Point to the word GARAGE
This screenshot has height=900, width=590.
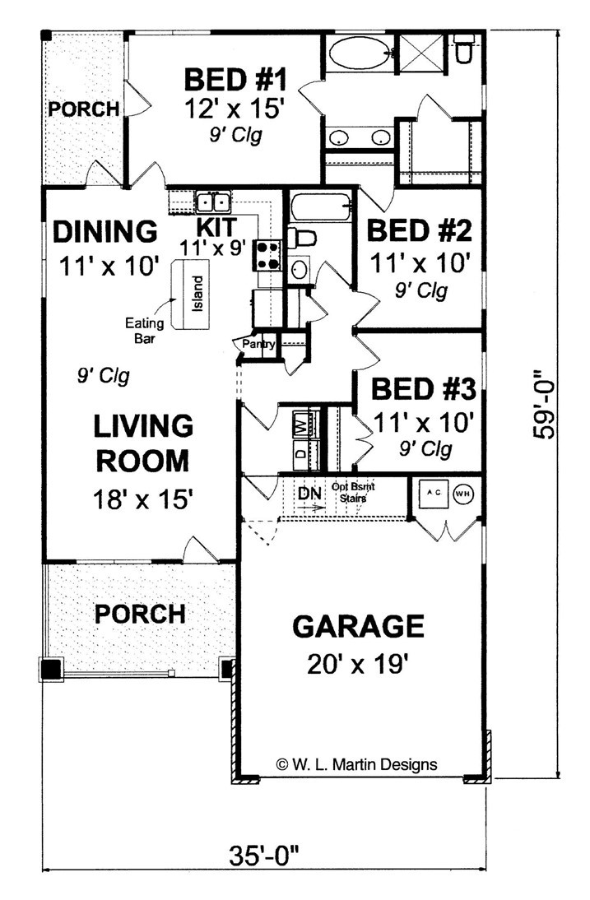[x=358, y=627]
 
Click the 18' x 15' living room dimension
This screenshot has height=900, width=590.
[x=144, y=500]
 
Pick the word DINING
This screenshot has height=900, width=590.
[x=105, y=232]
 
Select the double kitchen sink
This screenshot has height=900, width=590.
[x=214, y=202]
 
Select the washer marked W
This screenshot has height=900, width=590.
[x=301, y=426]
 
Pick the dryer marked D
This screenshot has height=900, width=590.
[x=301, y=452]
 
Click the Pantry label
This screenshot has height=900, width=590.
[x=258, y=344]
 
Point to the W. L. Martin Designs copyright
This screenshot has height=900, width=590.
[x=356, y=763]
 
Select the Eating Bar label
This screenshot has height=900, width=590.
[x=141, y=329]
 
